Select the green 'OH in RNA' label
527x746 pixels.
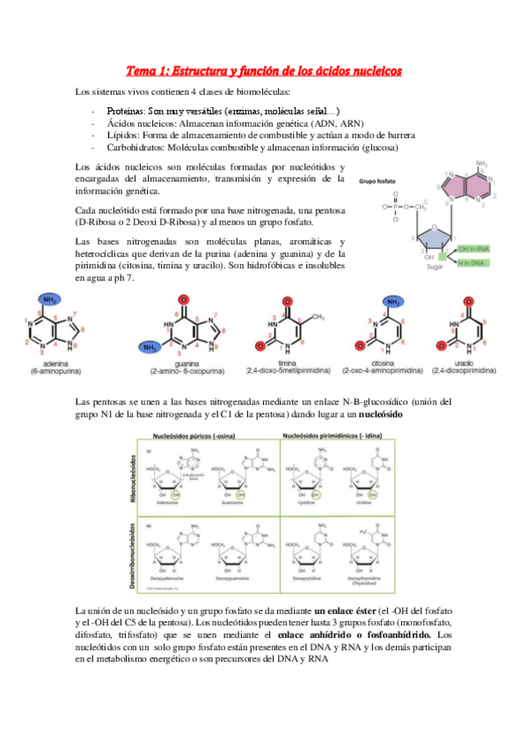476,249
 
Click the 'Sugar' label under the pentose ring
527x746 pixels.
435,265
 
